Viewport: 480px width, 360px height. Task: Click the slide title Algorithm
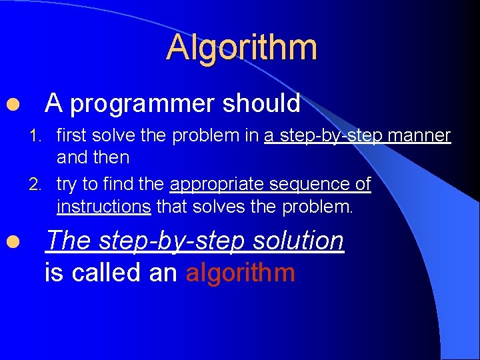click(x=241, y=48)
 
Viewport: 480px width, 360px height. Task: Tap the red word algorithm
click(x=240, y=273)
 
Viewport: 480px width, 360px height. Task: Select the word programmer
click(x=142, y=104)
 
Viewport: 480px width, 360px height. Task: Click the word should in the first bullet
click(x=261, y=104)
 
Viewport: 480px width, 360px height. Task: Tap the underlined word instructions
click(x=104, y=207)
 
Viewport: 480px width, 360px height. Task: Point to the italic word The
click(x=69, y=241)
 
